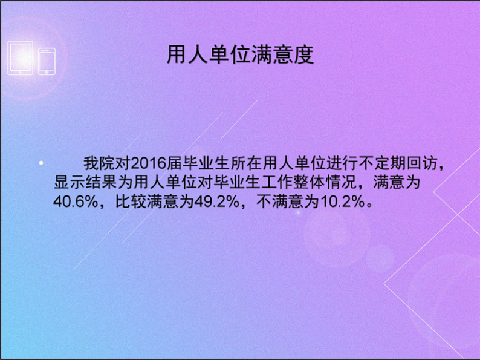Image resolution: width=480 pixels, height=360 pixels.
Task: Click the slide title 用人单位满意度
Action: (x=241, y=55)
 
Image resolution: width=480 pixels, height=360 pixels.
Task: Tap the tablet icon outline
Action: (x=20, y=58)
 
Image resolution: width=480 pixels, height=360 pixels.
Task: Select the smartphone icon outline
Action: (x=47, y=61)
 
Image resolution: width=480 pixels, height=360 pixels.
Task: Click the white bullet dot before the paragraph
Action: (x=41, y=163)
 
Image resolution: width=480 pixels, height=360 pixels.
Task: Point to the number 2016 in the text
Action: (x=149, y=164)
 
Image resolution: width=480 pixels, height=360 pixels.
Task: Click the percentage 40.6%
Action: (x=75, y=202)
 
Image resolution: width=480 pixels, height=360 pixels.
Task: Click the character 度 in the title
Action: (x=303, y=55)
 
